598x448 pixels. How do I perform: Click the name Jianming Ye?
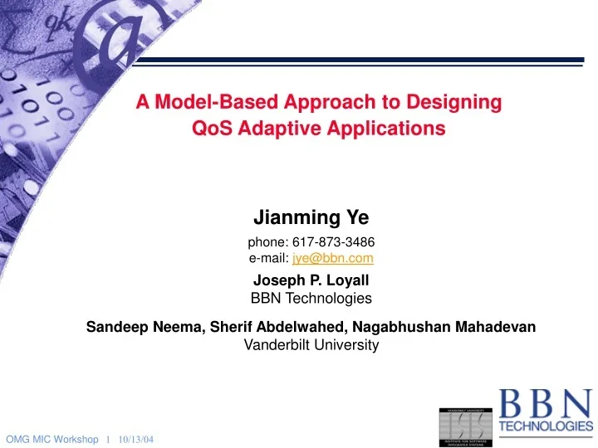tap(311, 218)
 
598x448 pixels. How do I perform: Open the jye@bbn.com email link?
tap(332, 258)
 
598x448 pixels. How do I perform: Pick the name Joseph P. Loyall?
tap(311, 280)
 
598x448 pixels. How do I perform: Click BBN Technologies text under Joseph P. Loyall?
tap(311, 298)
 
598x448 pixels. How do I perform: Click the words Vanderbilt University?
tap(311, 345)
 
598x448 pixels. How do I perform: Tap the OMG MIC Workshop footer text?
tap(51, 438)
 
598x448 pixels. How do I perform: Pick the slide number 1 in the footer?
tap(109, 438)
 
